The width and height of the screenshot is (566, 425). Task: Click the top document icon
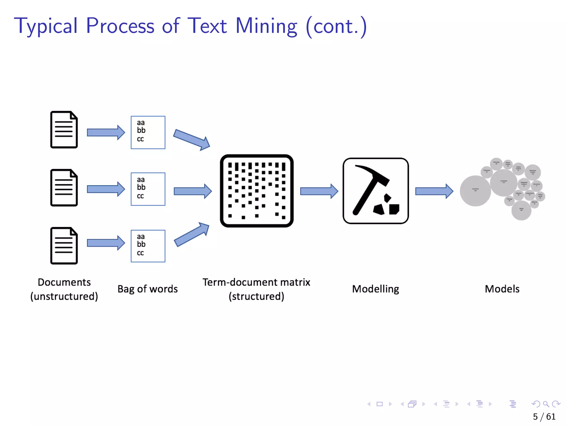coord(64,130)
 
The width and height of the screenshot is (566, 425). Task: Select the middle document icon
coord(64,188)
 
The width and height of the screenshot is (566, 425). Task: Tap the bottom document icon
coord(64,246)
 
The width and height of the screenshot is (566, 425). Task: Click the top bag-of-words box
coord(148,133)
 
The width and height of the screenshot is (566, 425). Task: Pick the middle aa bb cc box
coord(148,189)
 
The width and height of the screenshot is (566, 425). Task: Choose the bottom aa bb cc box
coord(148,246)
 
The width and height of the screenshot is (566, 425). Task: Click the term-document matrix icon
coord(257,191)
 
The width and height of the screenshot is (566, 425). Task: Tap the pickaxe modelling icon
coord(376,191)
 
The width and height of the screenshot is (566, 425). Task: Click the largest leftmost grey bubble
coord(475,191)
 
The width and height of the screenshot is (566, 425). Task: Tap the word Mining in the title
coord(266,26)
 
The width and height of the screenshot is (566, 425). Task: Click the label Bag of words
coord(148,289)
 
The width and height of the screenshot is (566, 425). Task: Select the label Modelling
coord(375,289)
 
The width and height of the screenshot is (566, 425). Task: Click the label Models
coord(502,289)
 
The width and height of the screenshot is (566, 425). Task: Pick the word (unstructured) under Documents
coord(64,296)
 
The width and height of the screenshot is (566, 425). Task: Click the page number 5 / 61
coord(544,416)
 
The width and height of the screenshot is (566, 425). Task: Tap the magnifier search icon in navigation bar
coord(546,404)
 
